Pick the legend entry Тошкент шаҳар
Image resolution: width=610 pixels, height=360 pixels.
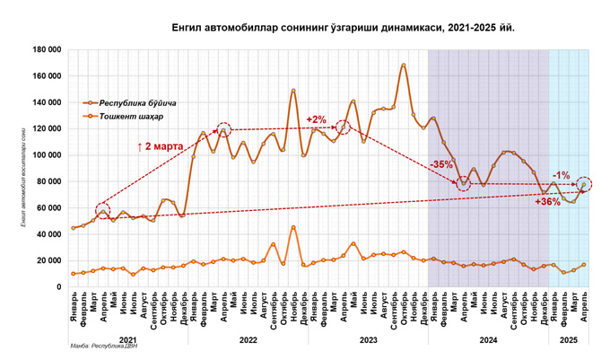click(x=131, y=117)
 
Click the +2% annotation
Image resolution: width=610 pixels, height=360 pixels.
click(x=316, y=119)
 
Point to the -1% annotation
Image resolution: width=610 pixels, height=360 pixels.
click(x=562, y=175)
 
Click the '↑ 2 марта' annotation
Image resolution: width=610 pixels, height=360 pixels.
click(x=161, y=145)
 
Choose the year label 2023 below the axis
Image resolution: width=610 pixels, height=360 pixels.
click(x=368, y=340)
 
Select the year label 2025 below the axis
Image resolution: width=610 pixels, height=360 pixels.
click(x=568, y=340)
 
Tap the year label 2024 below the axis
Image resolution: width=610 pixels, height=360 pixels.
click(x=488, y=340)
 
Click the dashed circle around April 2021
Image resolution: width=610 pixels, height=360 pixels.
click(x=102, y=212)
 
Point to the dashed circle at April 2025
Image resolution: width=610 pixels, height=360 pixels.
click(x=584, y=184)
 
